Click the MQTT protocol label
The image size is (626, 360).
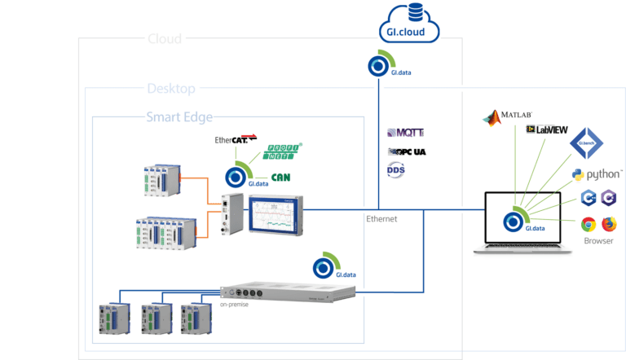[405, 133]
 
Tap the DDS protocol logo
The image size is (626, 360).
[395, 170]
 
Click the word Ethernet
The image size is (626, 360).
[382, 218]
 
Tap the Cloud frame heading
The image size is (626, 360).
[165, 38]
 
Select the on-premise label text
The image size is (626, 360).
[231, 305]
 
